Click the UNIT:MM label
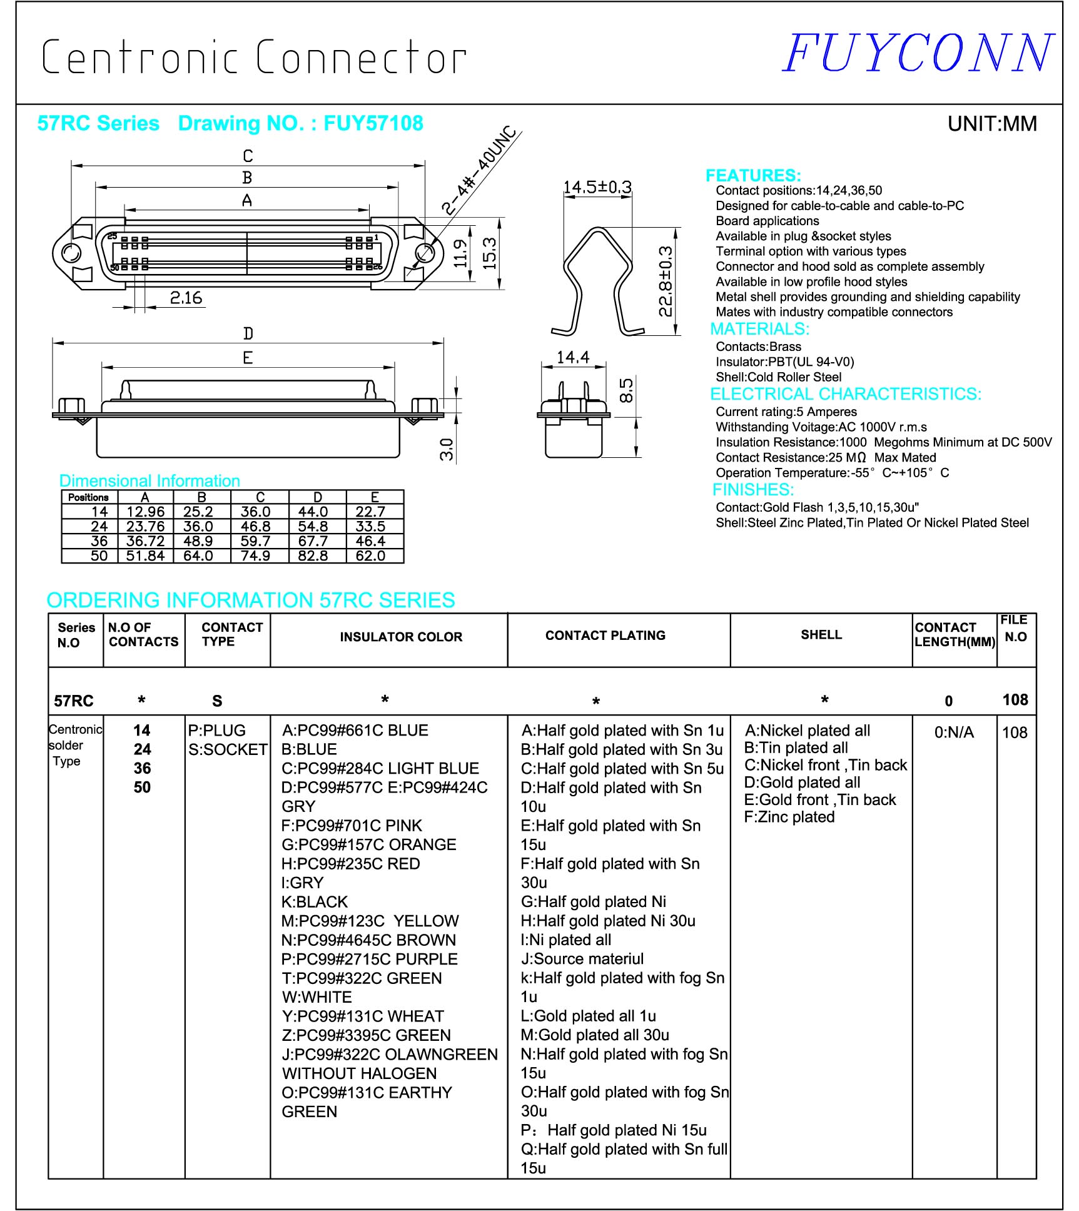(x=991, y=124)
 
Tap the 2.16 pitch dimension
(x=186, y=298)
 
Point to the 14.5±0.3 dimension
(x=597, y=187)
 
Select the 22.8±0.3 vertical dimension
(x=666, y=281)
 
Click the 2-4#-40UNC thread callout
(x=479, y=170)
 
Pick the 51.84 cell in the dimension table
(x=145, y=555)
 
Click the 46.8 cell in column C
(x=255, y=527)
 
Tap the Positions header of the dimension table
(x=88, y=497)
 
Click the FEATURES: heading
(x=752, y=175)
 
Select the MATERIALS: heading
(x=759, y=329)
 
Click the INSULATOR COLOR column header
(x=401, y=637)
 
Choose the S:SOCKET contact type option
(x=228, y=749)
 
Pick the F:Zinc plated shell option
(x=789, y=817)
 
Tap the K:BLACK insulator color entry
(x=315, y=902)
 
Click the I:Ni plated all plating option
(x=566, y=940)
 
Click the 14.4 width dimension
(x=572, y=357)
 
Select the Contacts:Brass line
(x=758, y=347)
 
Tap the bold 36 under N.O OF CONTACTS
(x=142, y=768)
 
